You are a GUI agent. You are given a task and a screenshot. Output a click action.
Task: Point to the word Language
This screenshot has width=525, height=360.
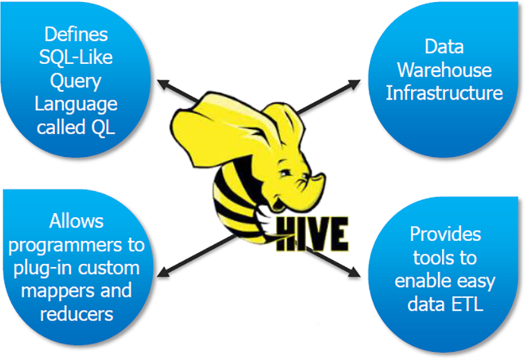pos(76,104)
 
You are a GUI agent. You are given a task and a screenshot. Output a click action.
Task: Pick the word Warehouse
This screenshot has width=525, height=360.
pos(444,70)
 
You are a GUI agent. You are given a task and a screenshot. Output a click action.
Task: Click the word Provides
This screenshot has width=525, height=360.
pos(445,233)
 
